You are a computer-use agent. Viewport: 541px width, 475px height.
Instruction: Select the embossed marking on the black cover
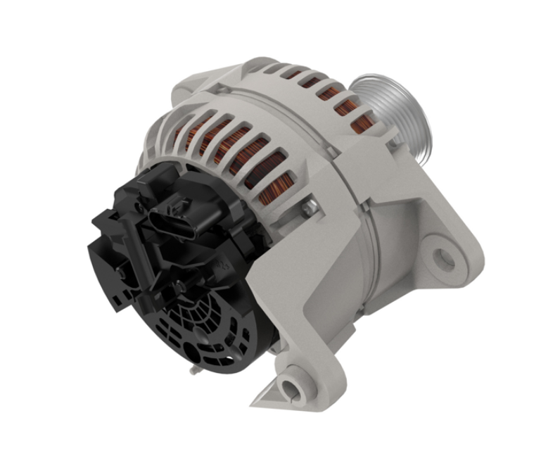(x=224, y=266)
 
